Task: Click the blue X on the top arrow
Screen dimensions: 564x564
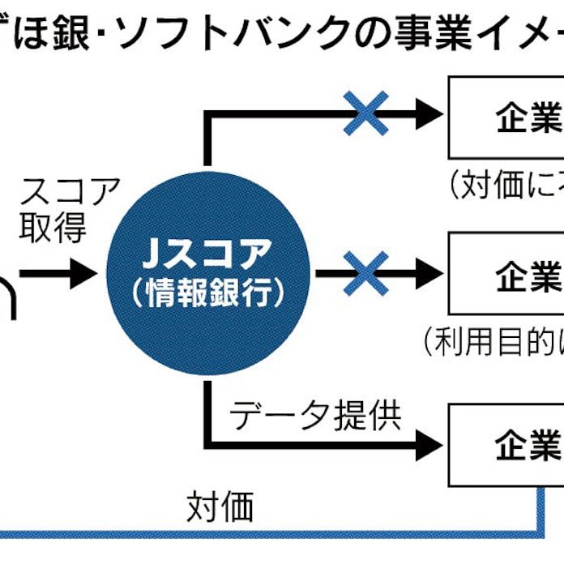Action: [x=366, y=113]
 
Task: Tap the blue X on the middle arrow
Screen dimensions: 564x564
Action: [x=366, y=274]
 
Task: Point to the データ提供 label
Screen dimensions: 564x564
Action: [x=315, y=417]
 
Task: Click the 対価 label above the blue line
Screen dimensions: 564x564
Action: [x=220, y=506]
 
